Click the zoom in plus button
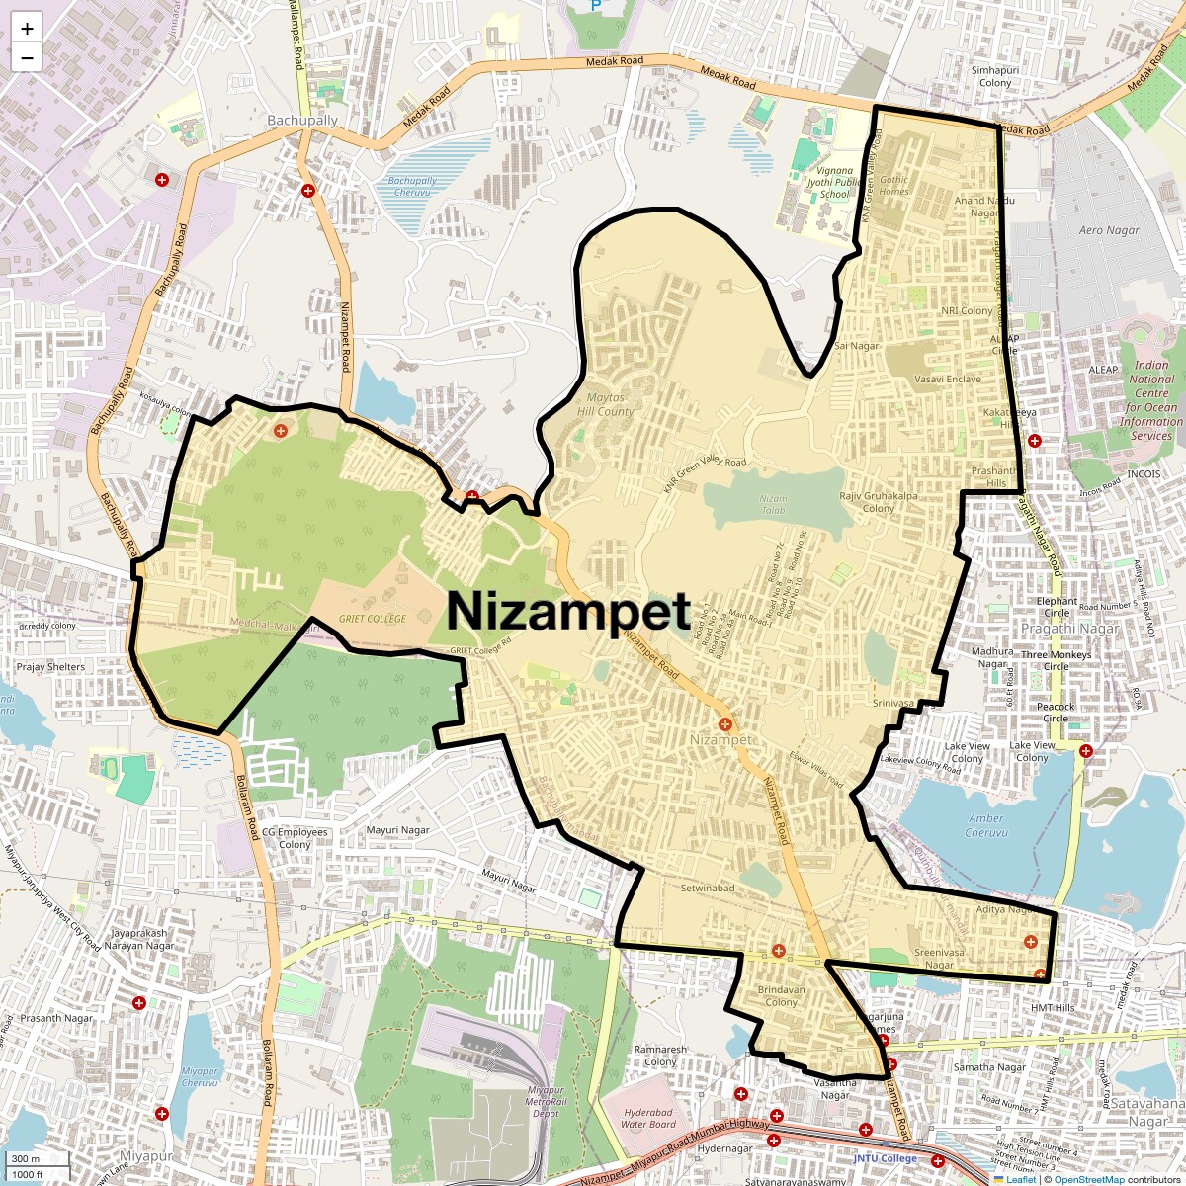pos(27,29)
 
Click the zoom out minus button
pos(27,58)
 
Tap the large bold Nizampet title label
pos(568,611)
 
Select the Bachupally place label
pos(302,121)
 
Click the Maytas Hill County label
pos(606,404)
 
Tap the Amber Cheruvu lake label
pos(985,825)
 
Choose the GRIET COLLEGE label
pos(373,619)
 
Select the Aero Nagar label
pos(1109,230)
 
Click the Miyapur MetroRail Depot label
pos(546,1101)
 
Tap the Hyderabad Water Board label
pos(648,1118)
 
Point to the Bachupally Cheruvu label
pos(412,186)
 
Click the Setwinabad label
pos(708,888)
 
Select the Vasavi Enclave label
pos(948,379)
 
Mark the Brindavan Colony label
pos(781,995)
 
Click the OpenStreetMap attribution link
pos(1089,1179)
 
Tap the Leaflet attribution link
pos(1021,1179)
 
